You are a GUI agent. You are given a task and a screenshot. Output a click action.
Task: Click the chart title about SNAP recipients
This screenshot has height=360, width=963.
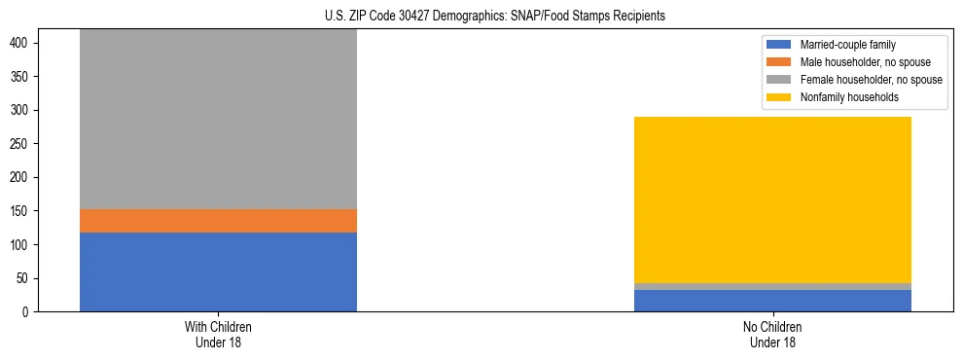coord(495,16)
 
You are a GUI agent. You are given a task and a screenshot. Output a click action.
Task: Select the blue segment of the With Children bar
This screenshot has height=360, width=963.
coord(218,271)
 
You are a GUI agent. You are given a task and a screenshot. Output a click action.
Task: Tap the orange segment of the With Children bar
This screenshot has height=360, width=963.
coord(218,221)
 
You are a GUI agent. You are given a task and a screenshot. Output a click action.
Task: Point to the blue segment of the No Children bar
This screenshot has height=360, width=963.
coord(772,301)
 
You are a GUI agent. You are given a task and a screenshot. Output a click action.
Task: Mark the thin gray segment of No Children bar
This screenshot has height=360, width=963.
coord(772,287)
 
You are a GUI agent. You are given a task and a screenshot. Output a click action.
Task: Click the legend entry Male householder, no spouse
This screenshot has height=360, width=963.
coord(856,62)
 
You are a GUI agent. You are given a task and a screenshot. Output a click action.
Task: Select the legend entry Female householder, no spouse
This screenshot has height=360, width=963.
coord(860,80)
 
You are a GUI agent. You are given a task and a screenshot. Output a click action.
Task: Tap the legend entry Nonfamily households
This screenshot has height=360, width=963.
coord(842,97)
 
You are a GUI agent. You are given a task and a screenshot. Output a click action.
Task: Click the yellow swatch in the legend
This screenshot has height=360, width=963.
coord(779,97)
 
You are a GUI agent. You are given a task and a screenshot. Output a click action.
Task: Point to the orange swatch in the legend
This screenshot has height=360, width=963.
coord(779,62)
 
